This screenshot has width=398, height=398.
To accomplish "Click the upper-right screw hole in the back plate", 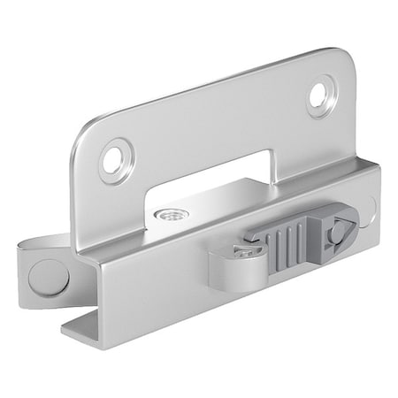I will (321, 95).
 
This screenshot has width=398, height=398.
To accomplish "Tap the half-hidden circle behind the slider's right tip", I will (369, 208).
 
